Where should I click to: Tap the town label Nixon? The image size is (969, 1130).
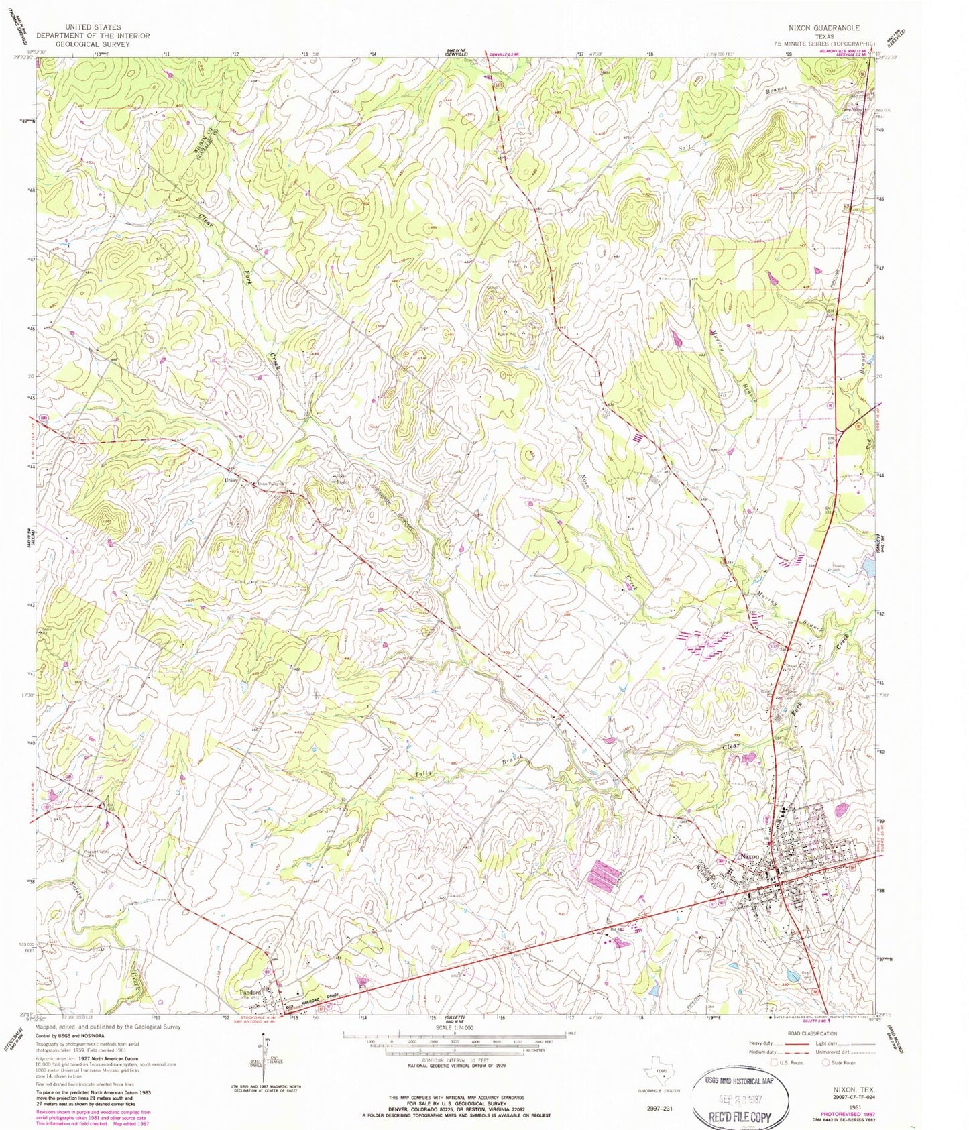pos(750,856)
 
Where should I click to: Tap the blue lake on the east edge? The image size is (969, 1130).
pos(870,569)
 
